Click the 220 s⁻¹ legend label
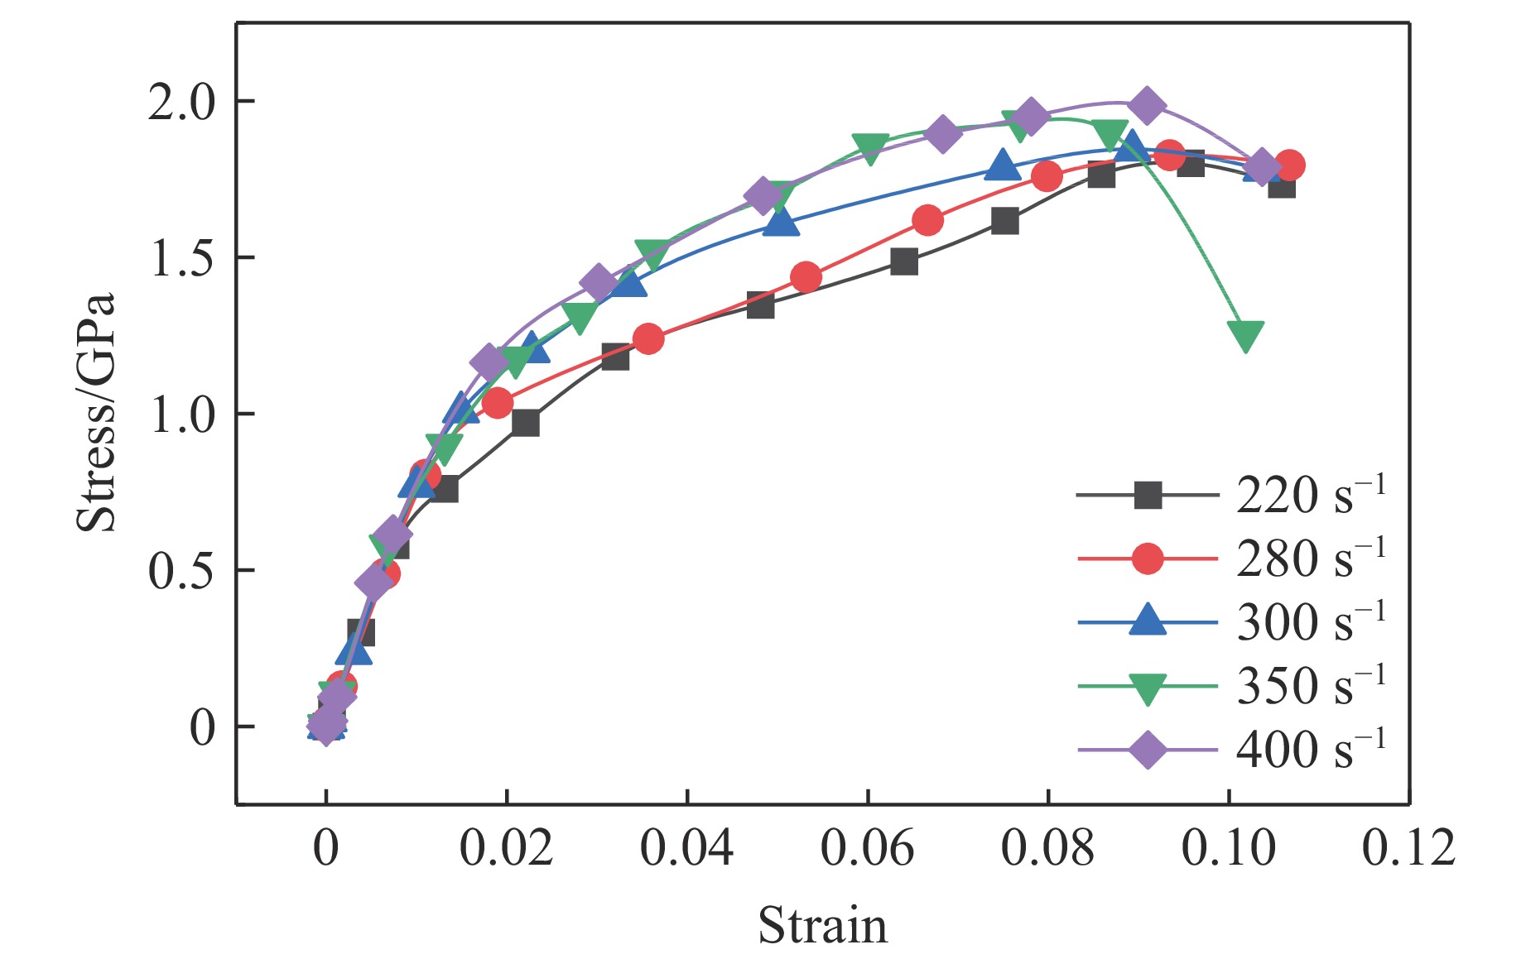1310,495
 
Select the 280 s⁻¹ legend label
1310,559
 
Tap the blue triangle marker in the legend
1148,621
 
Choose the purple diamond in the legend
1148,750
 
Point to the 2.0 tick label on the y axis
181,103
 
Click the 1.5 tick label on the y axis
181,259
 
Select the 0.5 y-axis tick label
181,571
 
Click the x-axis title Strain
822,925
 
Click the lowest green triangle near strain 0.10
1245,335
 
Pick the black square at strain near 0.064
904,261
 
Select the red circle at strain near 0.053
806,276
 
